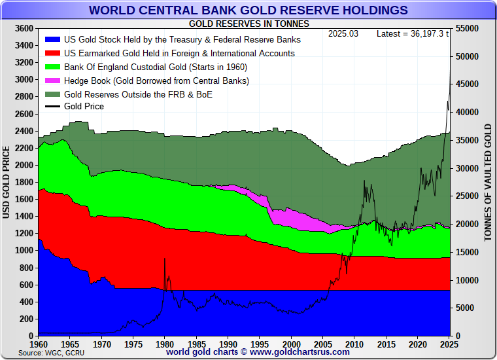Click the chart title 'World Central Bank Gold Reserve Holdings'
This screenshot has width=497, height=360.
(x=248, y=10)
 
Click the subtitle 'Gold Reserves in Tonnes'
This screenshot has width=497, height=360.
(x=249, y=24)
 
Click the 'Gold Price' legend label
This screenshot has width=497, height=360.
(x=84, y=106)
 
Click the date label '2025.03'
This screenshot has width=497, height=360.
(x=343, y=33)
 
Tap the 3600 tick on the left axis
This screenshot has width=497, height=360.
(x=24, y=29)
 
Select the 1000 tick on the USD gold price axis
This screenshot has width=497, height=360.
(x=24, y=251)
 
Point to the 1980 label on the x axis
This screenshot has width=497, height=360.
(x=165, y=344)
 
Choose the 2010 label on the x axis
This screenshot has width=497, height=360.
(x=354, y=344)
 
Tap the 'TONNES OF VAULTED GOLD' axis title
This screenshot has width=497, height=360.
(x=488, y=183)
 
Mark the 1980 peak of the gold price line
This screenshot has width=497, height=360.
(x=164, y=259)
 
